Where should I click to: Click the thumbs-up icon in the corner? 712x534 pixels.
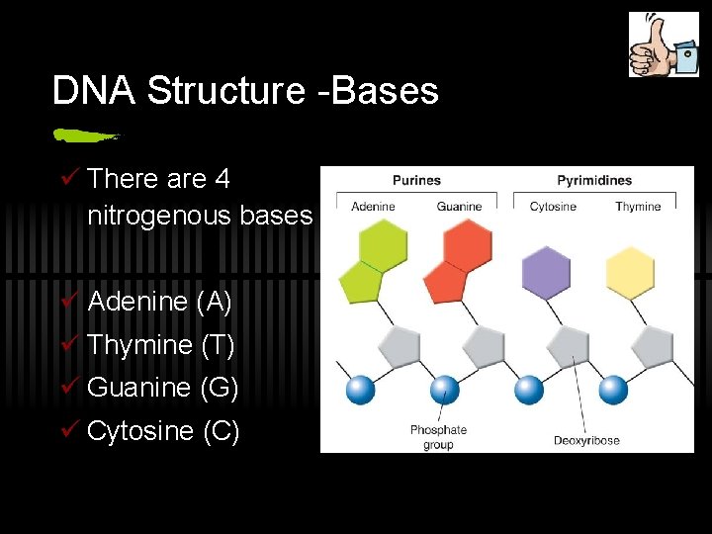(664, 44)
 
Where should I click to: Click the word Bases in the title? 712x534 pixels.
(385, 91)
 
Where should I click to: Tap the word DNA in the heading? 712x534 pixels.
(94, 91)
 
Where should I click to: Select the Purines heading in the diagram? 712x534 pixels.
(416, 180)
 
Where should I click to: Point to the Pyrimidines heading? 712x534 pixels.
(593, 180)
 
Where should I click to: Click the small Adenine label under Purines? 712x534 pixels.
(373, 207)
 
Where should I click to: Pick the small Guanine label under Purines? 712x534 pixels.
(459, 207)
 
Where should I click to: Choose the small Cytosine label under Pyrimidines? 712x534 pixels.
(553, 207)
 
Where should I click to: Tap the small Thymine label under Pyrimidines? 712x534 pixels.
(638, 207)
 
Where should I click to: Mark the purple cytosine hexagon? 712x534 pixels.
(546, 272)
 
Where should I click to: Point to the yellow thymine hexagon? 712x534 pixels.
(630, 273)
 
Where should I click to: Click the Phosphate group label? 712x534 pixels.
(438, 437)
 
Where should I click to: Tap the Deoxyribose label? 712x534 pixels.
(586, 440)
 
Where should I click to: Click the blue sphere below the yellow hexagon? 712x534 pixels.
(614, 390)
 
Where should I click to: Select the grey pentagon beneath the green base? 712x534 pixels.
(399, 348)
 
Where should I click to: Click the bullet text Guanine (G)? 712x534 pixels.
(163, 388)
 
